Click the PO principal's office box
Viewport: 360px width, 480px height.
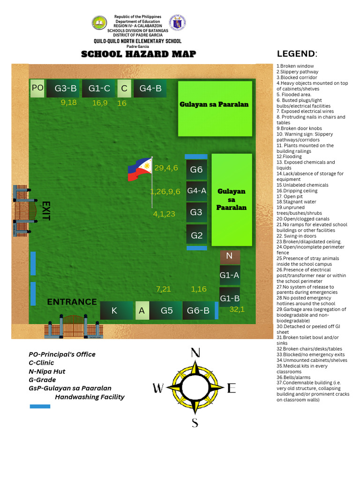pos(37,88)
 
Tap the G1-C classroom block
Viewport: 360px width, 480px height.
pos(99,89)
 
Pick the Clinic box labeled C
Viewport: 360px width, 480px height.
pos(124,89)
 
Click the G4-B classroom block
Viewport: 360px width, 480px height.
pos(150,89)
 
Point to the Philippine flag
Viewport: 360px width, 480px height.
pos(140,170)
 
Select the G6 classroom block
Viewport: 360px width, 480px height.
pos(196,170)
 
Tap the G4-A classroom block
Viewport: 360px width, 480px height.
pos(196,191)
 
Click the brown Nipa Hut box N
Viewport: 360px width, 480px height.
pos(230,256)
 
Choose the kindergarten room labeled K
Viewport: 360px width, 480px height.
pos(114,310)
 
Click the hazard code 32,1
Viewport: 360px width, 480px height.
pos(237,309)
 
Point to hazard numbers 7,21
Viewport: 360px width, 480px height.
pos(163,289)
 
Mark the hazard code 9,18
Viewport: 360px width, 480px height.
pos(69,102)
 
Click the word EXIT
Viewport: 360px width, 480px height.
pos(45,210)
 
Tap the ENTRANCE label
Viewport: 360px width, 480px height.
pos(72,302)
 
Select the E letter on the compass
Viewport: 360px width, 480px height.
pos(231,388)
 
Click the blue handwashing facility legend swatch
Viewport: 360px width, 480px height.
pos(40,406)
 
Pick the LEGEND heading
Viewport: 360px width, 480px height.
pos(297,54)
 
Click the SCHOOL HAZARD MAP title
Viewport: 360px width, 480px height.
pos(139,54)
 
